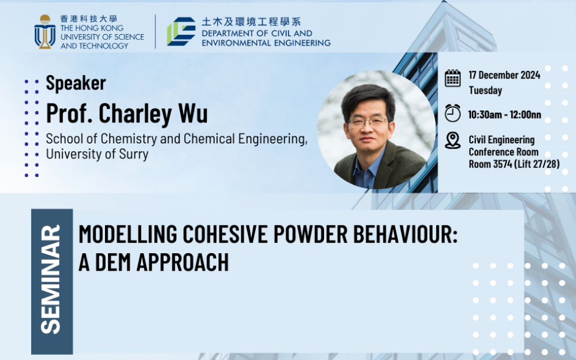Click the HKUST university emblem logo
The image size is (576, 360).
click(45, 32)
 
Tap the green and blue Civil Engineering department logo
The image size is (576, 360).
click(181, 31)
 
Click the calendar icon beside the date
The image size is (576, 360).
click(452, 78)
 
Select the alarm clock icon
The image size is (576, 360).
click(452, 113)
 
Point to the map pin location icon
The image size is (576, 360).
click(452, 140)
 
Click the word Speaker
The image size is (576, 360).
click(76, 83)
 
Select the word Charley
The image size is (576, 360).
click(135, 113)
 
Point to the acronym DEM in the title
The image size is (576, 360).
click(113, 262)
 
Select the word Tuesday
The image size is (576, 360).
click(485, 91)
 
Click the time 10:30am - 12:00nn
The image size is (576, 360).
click(505, 115)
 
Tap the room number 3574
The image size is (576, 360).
click(503, 164)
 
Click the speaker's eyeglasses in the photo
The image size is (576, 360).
click(368, 122)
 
